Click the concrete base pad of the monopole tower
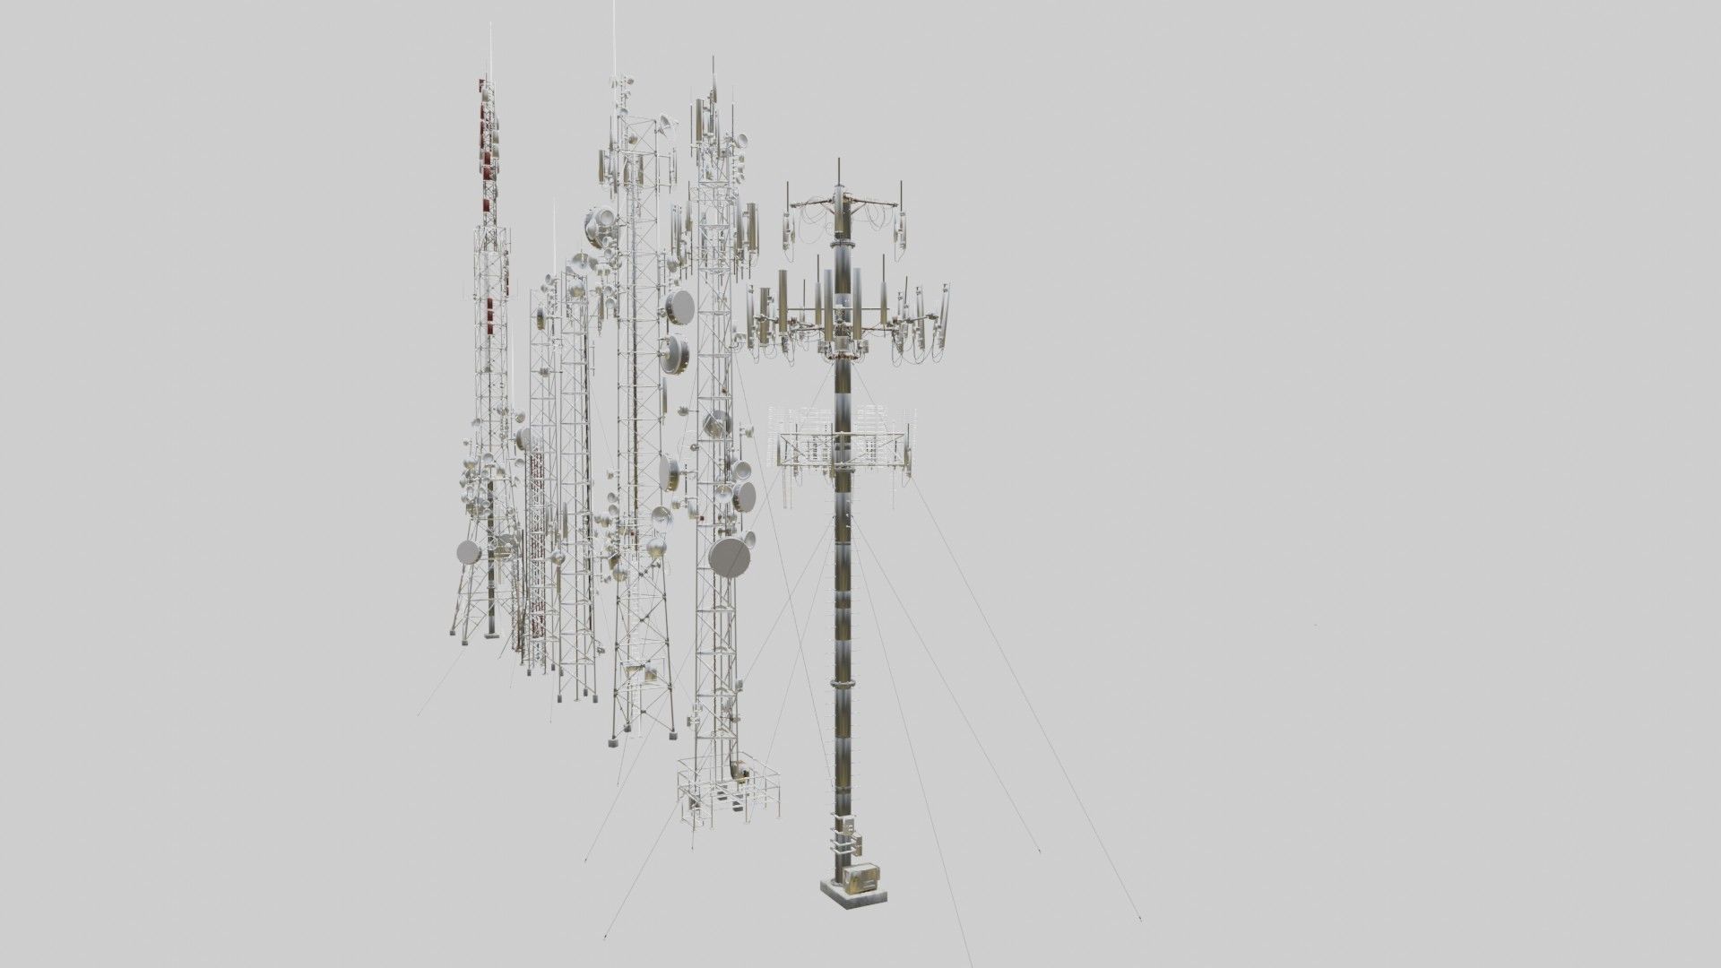click(855, 899)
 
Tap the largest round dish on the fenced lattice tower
click(730, 557)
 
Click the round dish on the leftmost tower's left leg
click(469, 552)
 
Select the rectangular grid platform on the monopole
click(843, 448)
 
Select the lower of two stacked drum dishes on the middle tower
click(675, 356)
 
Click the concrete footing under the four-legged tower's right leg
click(670, 736)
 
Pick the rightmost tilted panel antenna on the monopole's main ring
click(942, 314)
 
